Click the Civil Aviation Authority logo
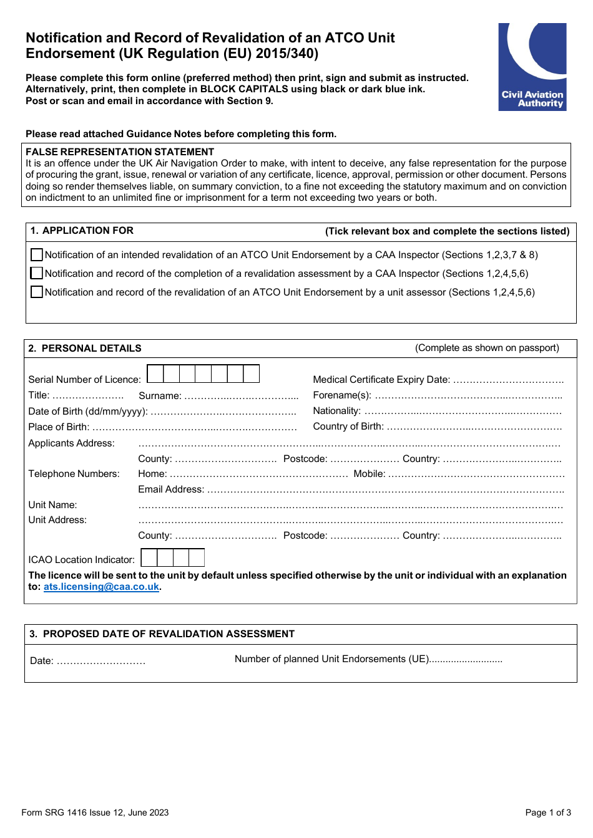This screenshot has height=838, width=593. point(532,67)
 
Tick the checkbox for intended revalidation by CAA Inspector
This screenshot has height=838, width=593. point(37,254)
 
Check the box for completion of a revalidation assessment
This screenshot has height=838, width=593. point(37,273)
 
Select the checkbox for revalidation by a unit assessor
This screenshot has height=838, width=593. point(37,292)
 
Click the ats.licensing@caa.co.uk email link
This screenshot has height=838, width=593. point(101,587)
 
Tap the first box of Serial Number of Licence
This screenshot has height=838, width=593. point(155,373)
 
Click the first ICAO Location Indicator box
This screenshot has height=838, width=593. point(149,557)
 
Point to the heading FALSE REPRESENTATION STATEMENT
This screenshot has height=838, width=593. point(120,152)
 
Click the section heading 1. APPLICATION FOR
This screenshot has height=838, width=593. point(82,231)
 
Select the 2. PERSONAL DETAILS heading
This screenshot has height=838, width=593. point(85,349)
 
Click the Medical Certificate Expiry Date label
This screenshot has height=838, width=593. point(381,379)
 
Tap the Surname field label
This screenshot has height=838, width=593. point(160,395)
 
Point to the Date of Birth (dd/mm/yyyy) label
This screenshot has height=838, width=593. point(88,412)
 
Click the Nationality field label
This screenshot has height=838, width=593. point(336,411)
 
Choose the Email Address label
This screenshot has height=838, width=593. point(171,489)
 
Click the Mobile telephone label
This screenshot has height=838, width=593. point(370,474)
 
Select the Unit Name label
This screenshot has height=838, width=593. point(52,505)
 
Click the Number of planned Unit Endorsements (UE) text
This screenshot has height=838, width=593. point(331,659)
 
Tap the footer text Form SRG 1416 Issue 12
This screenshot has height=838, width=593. point(95,812)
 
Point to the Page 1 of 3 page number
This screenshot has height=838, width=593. point(548,812)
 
